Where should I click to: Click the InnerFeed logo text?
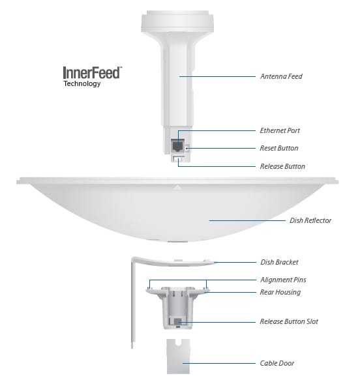92,72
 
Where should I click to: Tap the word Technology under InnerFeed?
82,83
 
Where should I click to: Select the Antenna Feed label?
281,76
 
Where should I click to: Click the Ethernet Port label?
280,130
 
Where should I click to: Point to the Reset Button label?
279,148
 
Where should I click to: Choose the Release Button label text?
282,166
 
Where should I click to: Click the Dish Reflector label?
310,220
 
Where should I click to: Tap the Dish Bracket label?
279,262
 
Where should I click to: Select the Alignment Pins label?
283,280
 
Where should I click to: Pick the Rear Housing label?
280,292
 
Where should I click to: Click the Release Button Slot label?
289,321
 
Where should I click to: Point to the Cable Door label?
277,363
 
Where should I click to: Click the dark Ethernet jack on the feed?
177,145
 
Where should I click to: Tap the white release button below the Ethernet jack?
179,158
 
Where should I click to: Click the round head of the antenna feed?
177,22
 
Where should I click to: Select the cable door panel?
178,357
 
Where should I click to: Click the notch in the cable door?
179,342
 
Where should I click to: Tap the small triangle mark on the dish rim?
178,187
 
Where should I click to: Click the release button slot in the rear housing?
178,321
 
